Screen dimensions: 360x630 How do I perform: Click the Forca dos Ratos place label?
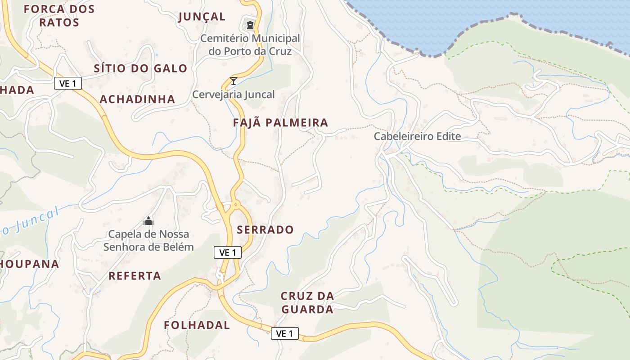(x=59, y=16)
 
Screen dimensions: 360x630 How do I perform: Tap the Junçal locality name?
(x=202, y=17)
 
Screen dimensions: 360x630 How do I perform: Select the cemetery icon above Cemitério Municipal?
(x=250, y=25)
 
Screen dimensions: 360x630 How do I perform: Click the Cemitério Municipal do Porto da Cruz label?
(x=250, y=45)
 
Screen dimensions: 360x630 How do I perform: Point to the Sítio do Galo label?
(x=140, y=68)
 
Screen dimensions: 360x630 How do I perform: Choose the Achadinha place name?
(x=137, y=99)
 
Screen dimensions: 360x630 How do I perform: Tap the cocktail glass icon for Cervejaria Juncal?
(x=233, y=81)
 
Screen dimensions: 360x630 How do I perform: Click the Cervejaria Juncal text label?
(x=233, y=94)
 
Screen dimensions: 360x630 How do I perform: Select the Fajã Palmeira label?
(x=280, y=122)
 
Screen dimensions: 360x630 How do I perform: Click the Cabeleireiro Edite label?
(x=417, y=136)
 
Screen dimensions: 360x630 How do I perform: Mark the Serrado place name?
(x=265, y=229)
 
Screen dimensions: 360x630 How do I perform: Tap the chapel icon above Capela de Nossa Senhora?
(x=148, y=221)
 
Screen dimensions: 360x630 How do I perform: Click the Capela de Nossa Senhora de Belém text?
(x=148, y=241)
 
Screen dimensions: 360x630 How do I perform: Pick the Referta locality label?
(x=135, y=276)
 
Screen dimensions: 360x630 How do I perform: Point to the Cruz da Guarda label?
(x=307, y=303)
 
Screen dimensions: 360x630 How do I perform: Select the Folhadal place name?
(x=197, y=325)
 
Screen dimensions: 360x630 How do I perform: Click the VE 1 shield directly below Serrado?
(x=227, y=253)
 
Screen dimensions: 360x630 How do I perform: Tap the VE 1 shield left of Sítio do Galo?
(x=68, y=83)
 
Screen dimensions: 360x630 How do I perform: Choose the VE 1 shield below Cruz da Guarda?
(x=284, y=333)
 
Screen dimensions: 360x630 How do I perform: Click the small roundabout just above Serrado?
(x=235, y=205)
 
